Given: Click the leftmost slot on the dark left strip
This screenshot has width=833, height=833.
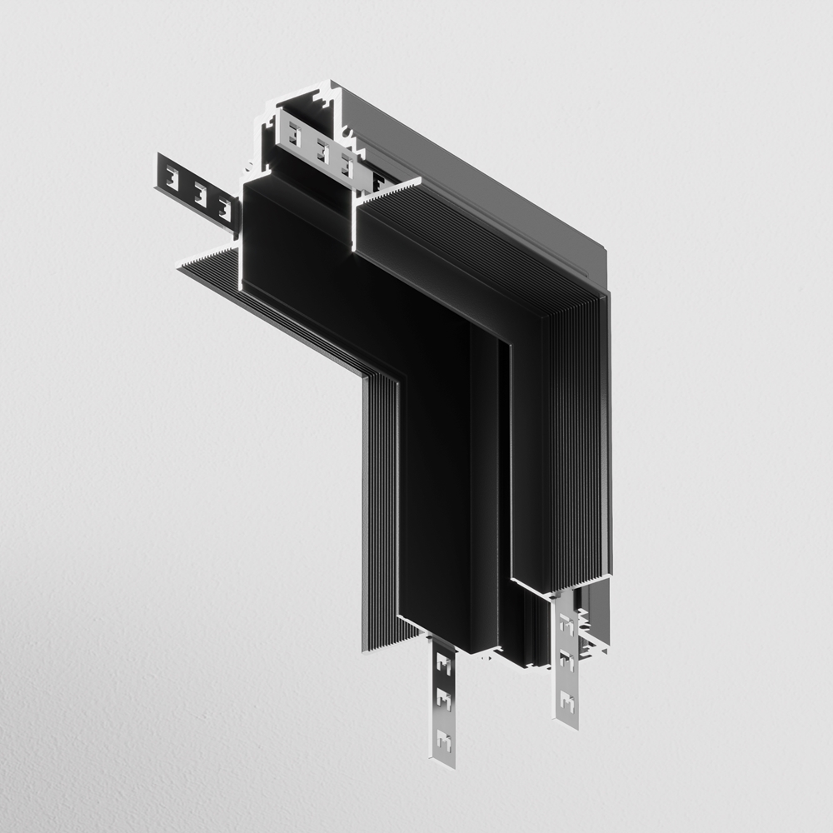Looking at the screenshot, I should pyautogui.click(x=172, y=177).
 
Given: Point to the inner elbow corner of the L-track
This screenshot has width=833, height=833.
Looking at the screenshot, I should pyautogui.click(x=367, y=375).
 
